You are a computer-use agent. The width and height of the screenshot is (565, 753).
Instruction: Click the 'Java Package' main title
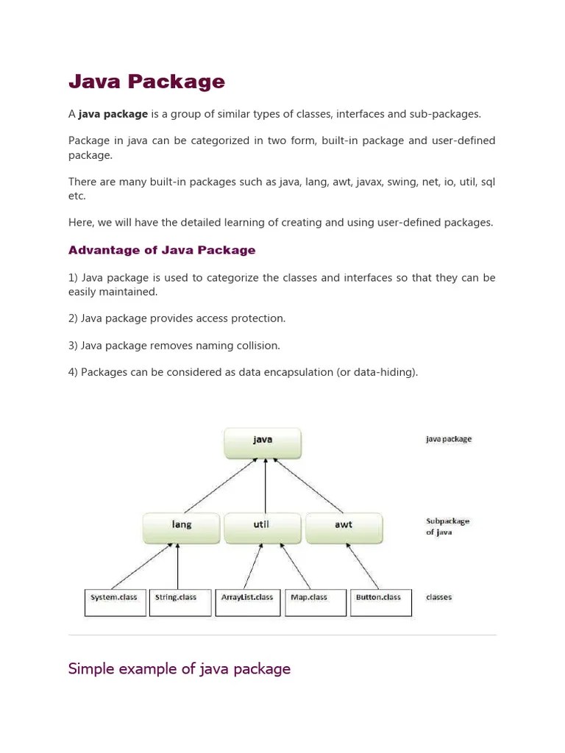click(x=146, y=82)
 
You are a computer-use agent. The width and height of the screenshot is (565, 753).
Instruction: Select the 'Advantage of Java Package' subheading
click(x=162, y=250)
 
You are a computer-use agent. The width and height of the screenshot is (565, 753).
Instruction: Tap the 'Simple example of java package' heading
click(x=180, y=668)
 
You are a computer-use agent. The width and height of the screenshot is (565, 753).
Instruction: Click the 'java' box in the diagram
click(x=263, y=443)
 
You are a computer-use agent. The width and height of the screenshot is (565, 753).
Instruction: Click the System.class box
click(x=115, y=602)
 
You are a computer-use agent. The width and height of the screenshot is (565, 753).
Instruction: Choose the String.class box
click(x=180, y=602)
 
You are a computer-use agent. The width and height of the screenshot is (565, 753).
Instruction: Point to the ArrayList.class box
click(x=248, y=602)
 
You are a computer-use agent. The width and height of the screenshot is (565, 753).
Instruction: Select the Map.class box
click(x=316, y=602)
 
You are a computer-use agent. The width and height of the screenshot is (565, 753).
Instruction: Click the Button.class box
click(x=380, y=602)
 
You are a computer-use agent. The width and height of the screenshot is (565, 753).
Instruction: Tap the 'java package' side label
click(x=449, y=439)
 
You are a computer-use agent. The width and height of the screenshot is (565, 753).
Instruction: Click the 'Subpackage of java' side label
click(x=447, y=527)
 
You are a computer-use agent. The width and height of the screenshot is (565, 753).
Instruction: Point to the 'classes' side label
click(x=438, y=597)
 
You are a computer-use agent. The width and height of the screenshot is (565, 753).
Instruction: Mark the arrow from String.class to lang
click(x=178, y=566)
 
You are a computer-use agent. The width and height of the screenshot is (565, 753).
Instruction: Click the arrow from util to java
click(x=265, y=485)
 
